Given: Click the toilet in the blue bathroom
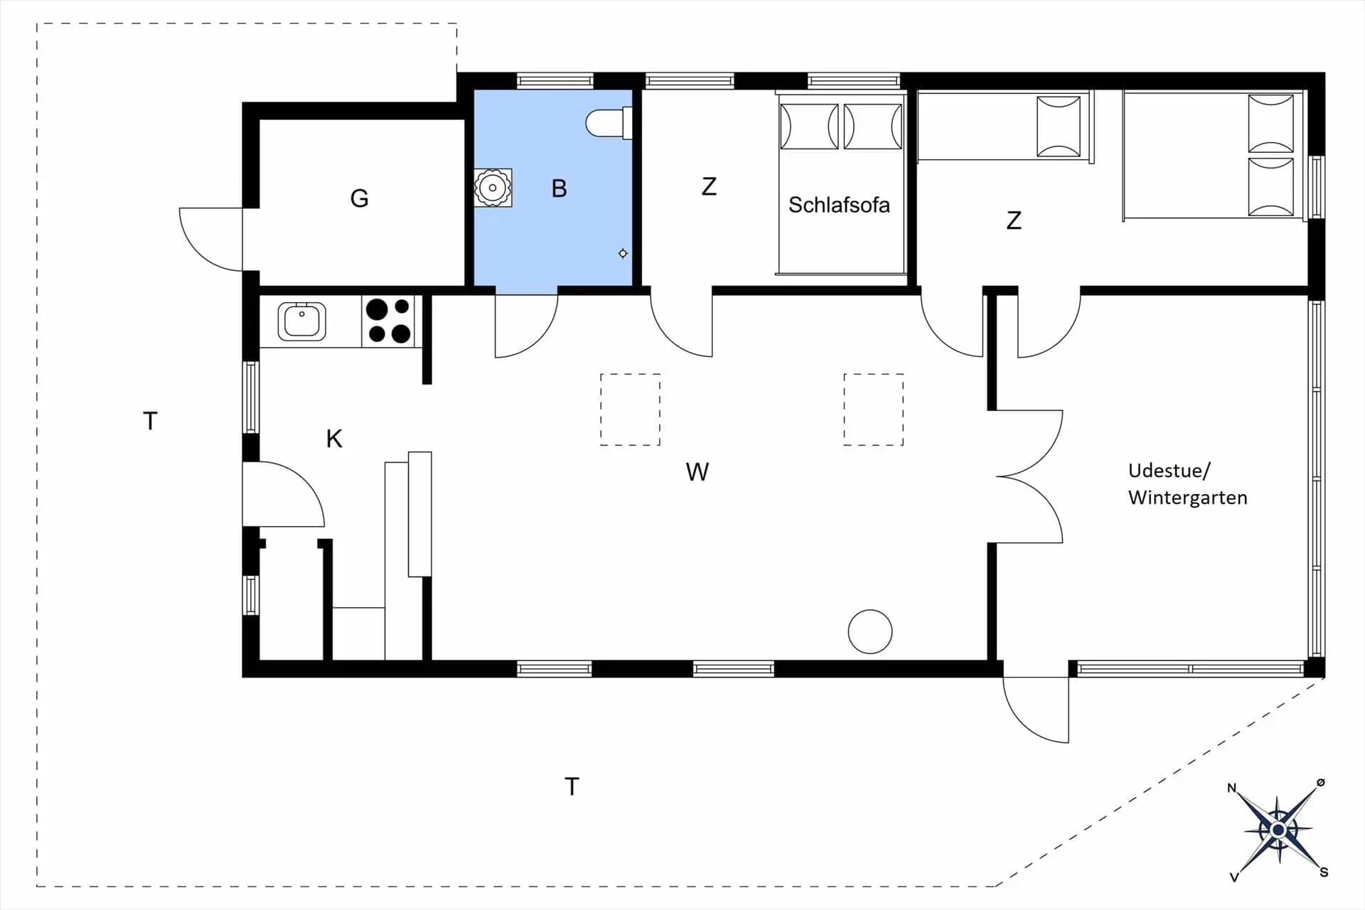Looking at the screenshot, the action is pyautogui.click(x=609, y=123).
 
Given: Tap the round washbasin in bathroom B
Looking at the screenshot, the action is pyautogui.click(x=493, y=188).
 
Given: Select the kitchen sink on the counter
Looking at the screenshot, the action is pyautogui.click(x=301, y=321).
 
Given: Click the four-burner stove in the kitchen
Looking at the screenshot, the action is pyautogui.click(x=389, y=321).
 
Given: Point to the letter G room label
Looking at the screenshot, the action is pyautogui.click(x=359, y=198).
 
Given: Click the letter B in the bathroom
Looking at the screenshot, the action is pyautogui.click(x=559, y=188).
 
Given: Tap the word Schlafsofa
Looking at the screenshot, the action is pyautogui.click(x=839, y=205).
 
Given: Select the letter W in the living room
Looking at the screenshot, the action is pyautogui.click(x=697, y=472).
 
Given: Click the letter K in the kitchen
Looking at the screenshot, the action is pyautogui.click(x=334, y=439).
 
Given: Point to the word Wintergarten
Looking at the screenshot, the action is pyautogui.click(x=1187, y=498).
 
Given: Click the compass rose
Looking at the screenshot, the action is pyautogui.click(x=1278, y=830).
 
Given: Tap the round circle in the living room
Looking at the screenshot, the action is pyautogui.click(x=870, y=631).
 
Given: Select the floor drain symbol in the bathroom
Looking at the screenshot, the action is pyautogui.click(x=623, y=253).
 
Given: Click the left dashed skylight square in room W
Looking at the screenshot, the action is pyautogui.click(x=630, y=409).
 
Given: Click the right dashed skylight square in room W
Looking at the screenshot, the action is pyautogui.click(x=874, y=409).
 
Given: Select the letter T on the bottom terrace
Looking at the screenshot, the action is pyautogui.click(x=572, y=786).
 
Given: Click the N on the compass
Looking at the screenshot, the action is pyautogui.click(x=1232, y=788).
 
